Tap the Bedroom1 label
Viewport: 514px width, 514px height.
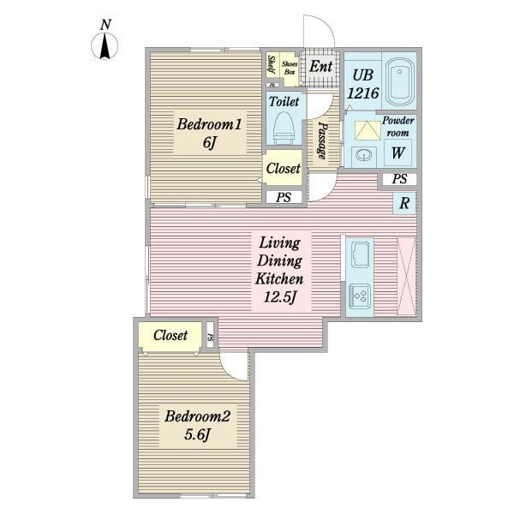pos(209,124)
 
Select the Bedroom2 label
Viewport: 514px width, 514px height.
pos(197,416)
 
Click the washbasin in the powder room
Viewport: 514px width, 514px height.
pos(363,155)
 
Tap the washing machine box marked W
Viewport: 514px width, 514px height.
pos(397,152)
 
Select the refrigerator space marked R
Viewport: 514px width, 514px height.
pos(404,203)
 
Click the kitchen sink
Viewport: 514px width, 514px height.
pos(360,254)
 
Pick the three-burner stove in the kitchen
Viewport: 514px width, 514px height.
pos(360,296)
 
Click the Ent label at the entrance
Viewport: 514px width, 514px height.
pos(321,67)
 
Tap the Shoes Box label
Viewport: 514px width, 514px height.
pos(290,68)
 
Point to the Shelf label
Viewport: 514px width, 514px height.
pos(272,64)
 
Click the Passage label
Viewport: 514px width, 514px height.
pos(323,141)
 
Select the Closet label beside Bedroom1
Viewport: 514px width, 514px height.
pos(283,169)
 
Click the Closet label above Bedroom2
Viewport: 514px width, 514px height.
pos(170,335)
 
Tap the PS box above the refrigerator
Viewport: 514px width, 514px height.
pos(399,179)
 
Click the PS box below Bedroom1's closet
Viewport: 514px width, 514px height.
pos(284,197)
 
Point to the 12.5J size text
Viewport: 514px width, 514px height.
pos(280,297)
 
